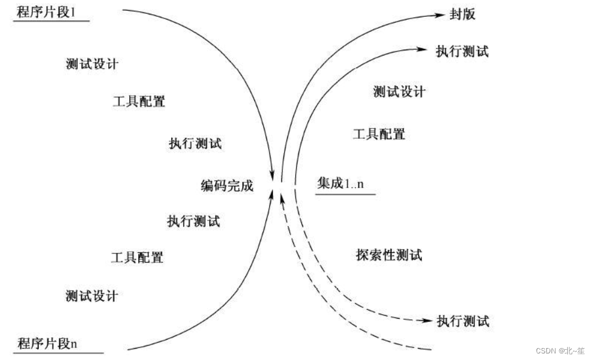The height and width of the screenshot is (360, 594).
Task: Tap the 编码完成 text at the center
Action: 227,185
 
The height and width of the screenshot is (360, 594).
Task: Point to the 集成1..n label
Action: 339,184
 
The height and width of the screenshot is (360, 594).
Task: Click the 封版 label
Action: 462,14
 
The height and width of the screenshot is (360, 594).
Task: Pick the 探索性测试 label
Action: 389,255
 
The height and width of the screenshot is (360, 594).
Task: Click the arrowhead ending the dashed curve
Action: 427,321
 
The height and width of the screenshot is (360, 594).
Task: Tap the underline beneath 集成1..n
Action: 345,194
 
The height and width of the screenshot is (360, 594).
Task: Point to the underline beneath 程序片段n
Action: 51,353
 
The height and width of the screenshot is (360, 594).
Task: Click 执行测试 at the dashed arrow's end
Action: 463,321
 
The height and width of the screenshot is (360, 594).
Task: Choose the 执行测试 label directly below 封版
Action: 462,51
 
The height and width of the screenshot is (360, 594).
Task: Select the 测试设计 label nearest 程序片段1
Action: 92,64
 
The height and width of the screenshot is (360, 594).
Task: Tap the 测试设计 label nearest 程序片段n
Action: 92,295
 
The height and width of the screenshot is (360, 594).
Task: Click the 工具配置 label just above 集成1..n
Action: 379,134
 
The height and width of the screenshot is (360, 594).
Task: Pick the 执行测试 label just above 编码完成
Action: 195,144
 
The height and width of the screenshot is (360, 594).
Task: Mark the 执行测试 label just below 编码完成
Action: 193,221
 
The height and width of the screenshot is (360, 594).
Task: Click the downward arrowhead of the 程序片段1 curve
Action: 273,174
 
